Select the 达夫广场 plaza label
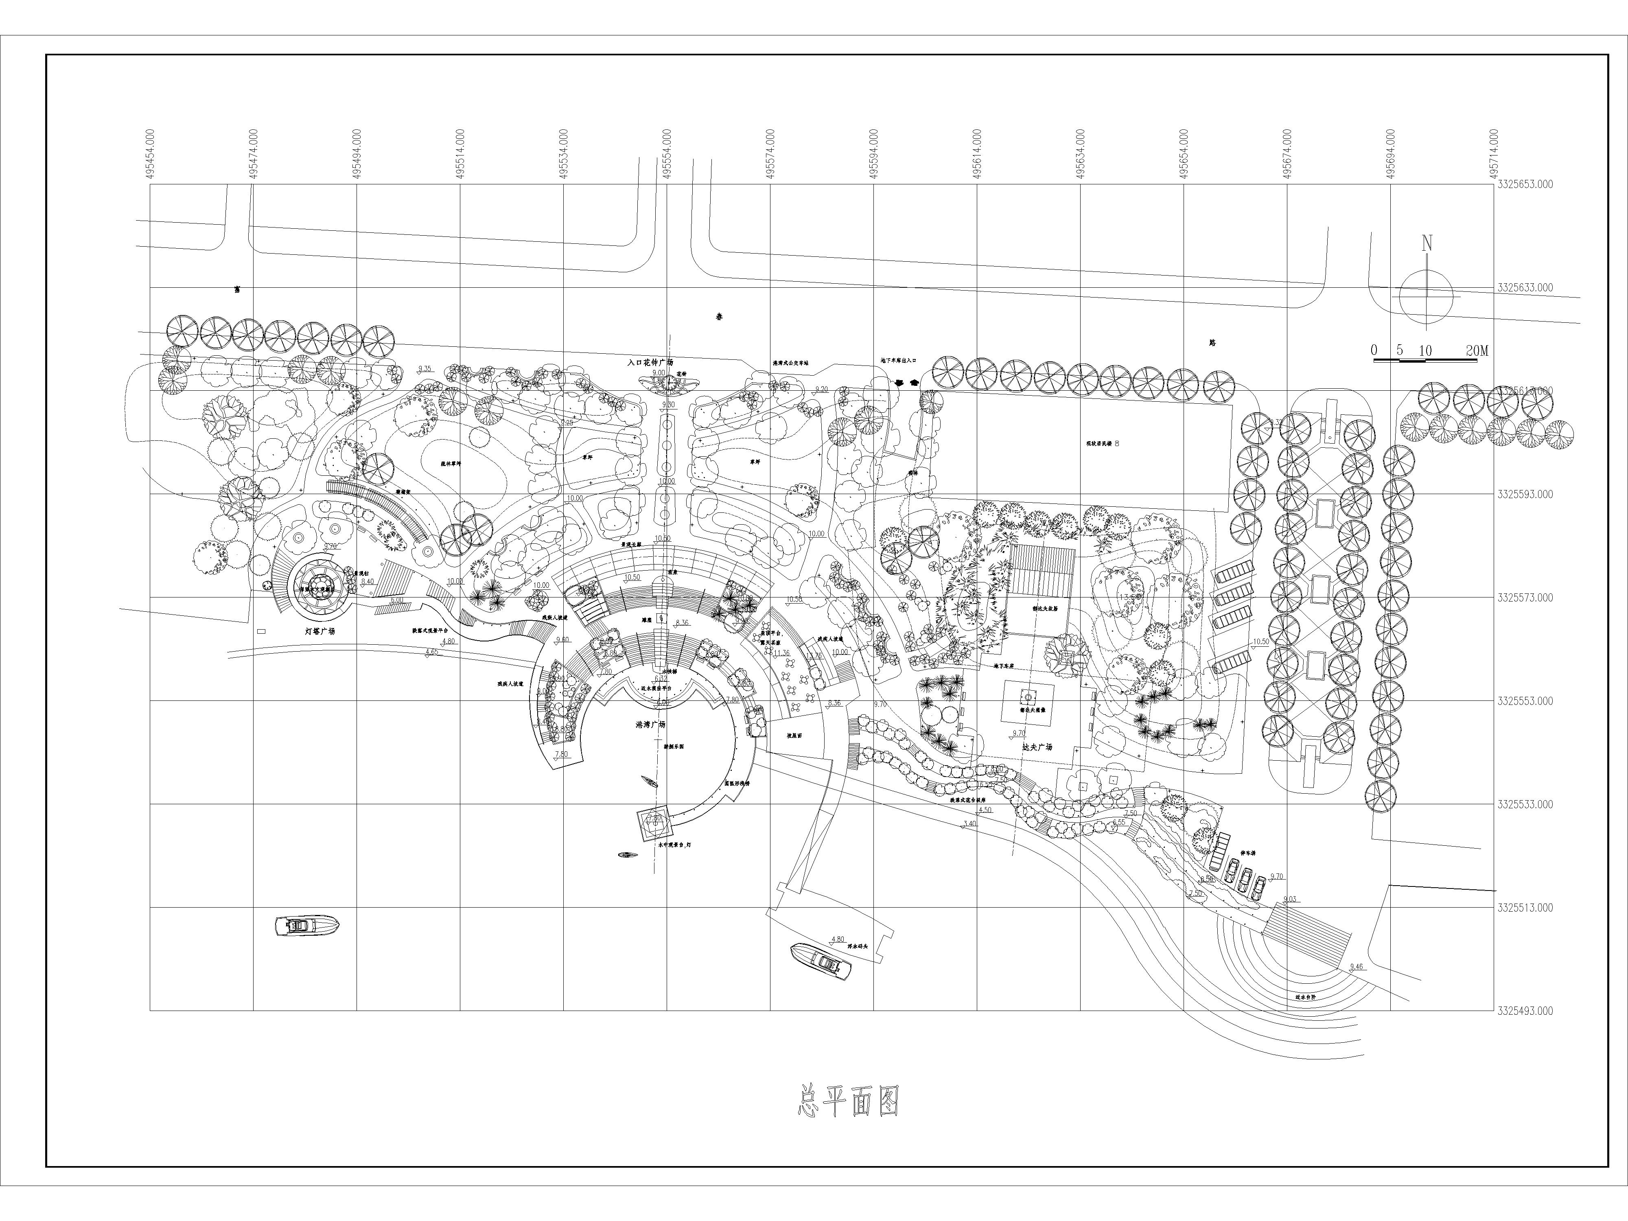pos(1037,746)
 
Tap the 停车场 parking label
pos(1247,854)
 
